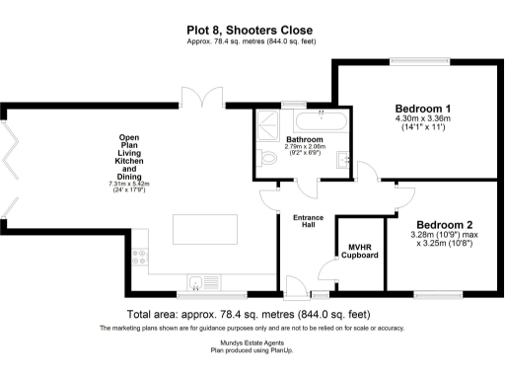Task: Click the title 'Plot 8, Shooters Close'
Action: click(x=252, y=31)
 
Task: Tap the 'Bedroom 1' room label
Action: click(x=423, y=109)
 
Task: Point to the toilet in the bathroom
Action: click(x=268, y=159)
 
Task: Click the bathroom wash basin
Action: click(x=340, y=160)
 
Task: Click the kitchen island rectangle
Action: click(x=202, y=229)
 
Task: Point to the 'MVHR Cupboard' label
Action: click(x=362, y=251)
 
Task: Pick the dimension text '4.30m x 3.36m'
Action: click(x=423, y=120)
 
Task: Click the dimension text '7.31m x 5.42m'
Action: click(x=129, y=185)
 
